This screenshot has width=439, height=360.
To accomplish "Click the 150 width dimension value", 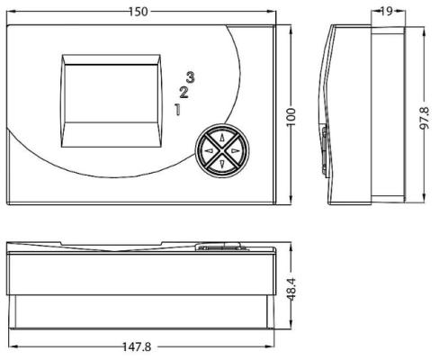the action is tap(139, 12).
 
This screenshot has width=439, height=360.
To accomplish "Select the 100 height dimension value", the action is tap(291, 117).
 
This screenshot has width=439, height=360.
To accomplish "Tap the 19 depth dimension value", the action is tap(387, 11).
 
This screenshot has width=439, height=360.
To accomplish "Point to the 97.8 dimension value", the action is tap(425, 118).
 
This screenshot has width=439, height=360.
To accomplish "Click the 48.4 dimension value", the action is tap(291, 289).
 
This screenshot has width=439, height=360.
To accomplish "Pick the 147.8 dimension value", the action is tap(137, 347).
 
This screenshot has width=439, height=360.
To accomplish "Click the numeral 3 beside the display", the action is tap(190, 77).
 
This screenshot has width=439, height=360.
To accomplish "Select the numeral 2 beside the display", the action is tap(184, 93).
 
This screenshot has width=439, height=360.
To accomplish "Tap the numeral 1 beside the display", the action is tap(178, 109).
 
